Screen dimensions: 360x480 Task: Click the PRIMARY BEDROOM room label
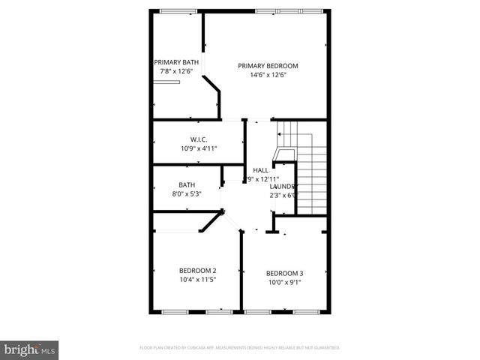point(268,65)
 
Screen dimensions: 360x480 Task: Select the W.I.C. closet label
point(198,139)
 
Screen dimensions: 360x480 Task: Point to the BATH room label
point(187,185)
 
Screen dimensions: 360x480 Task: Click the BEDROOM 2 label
point(197,270)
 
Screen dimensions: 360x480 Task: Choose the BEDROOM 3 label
point(284,273)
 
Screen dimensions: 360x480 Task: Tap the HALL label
point(260,170)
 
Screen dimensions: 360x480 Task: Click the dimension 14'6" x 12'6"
point(268,74)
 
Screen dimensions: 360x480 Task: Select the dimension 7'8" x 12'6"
point(177,71)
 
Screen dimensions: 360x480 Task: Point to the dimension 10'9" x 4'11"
point(198,148)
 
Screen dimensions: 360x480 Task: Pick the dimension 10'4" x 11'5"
point(197,280)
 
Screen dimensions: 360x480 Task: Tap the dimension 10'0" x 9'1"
point(284,283)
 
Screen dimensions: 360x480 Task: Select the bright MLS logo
point(30,349)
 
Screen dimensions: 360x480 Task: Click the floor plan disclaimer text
point(239,348)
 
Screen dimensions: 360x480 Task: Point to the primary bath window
point(174,10)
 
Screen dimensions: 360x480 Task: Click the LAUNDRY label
point(283,186)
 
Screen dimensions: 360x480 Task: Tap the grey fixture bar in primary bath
point(167,82)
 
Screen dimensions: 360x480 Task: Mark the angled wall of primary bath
point(214,88)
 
